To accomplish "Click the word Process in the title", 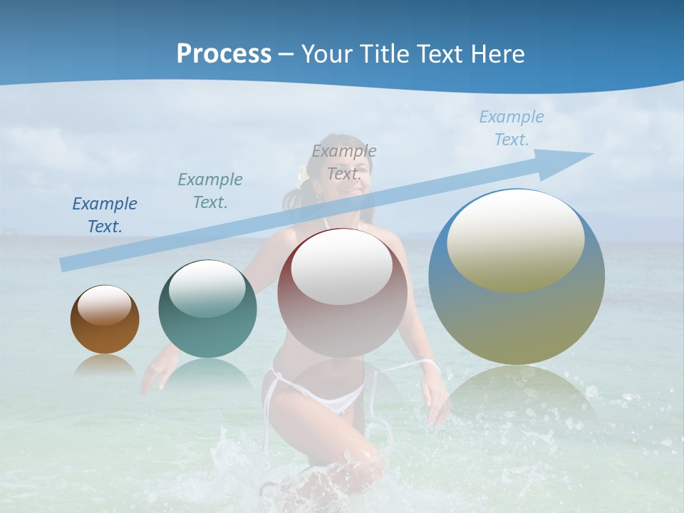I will [224, 53].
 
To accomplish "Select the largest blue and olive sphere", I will [517, 313].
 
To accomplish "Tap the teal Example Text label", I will [210, 191].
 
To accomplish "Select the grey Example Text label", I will [344, 162].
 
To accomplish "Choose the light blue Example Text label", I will [512, 128].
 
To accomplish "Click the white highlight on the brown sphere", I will [105, 305].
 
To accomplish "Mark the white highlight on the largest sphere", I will [515, 241].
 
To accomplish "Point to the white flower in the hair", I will [303, 173].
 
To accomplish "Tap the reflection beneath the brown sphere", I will [105, 366].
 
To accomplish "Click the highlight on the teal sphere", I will [207, 289].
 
